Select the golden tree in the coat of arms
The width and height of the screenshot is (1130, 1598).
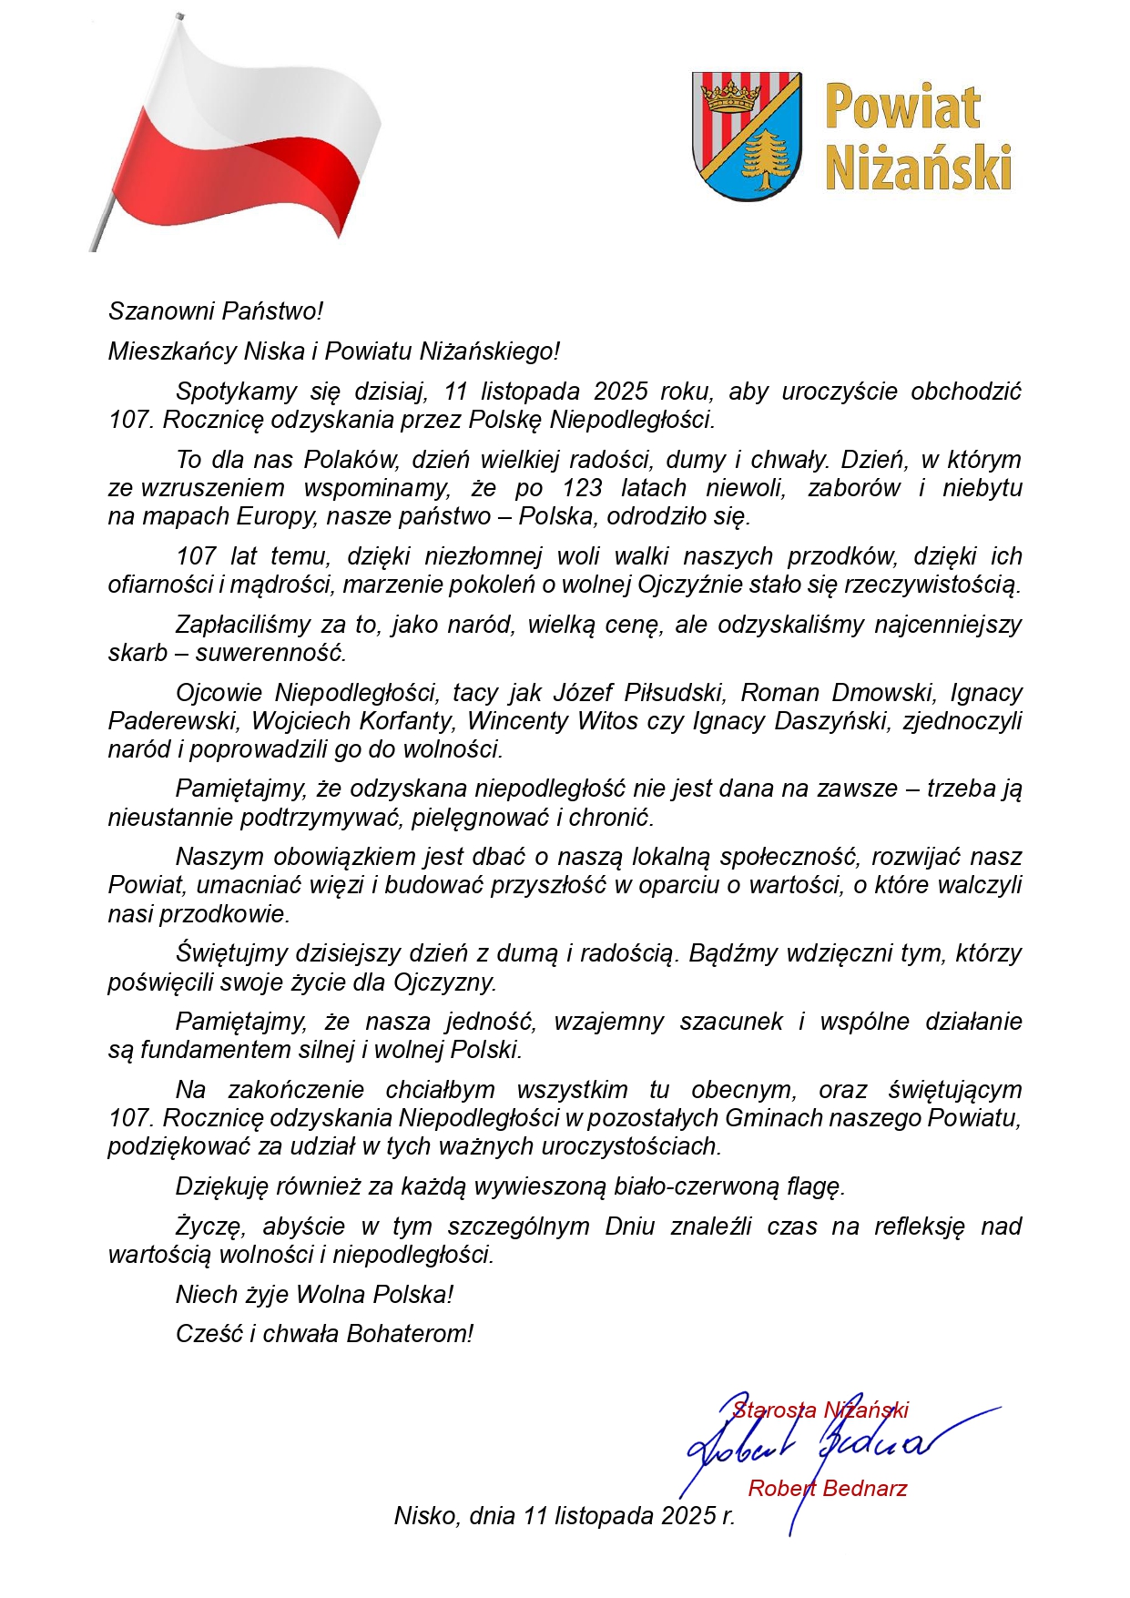coord(765,156)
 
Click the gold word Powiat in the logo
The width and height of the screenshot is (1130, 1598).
coord(901,107)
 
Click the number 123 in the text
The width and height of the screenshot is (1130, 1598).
coord(582,488)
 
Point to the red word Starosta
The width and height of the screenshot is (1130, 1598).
coord(774,1410)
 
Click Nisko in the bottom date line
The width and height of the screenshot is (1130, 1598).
coord(424,1516)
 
